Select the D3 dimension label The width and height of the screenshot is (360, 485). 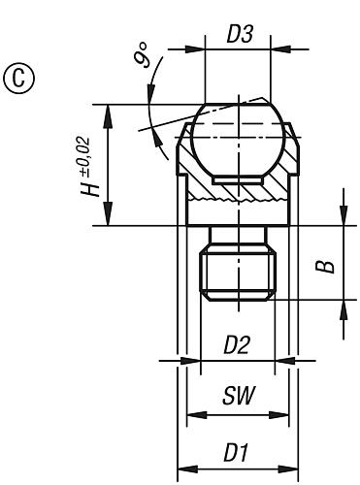point(238,34)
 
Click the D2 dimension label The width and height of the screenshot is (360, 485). point(237,344)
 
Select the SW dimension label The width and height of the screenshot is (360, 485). point(237,398)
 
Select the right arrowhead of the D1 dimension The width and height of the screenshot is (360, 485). point(292,468)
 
